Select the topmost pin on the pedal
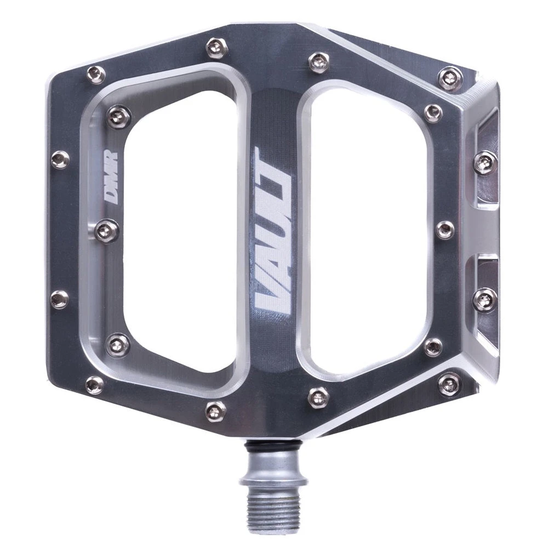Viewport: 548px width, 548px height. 215,47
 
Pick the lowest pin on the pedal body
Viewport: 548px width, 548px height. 215,409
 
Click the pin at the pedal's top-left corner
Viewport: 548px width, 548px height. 96,74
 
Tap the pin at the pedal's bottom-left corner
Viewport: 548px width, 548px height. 94,385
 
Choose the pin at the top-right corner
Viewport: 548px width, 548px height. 450,78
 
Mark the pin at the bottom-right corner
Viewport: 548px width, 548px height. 450,383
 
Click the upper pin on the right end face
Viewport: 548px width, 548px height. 485,163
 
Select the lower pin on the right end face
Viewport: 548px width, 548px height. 485,299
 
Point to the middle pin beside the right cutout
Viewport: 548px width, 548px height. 444,230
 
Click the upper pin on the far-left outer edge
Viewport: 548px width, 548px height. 60,159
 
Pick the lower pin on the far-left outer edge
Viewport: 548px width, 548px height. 60,299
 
